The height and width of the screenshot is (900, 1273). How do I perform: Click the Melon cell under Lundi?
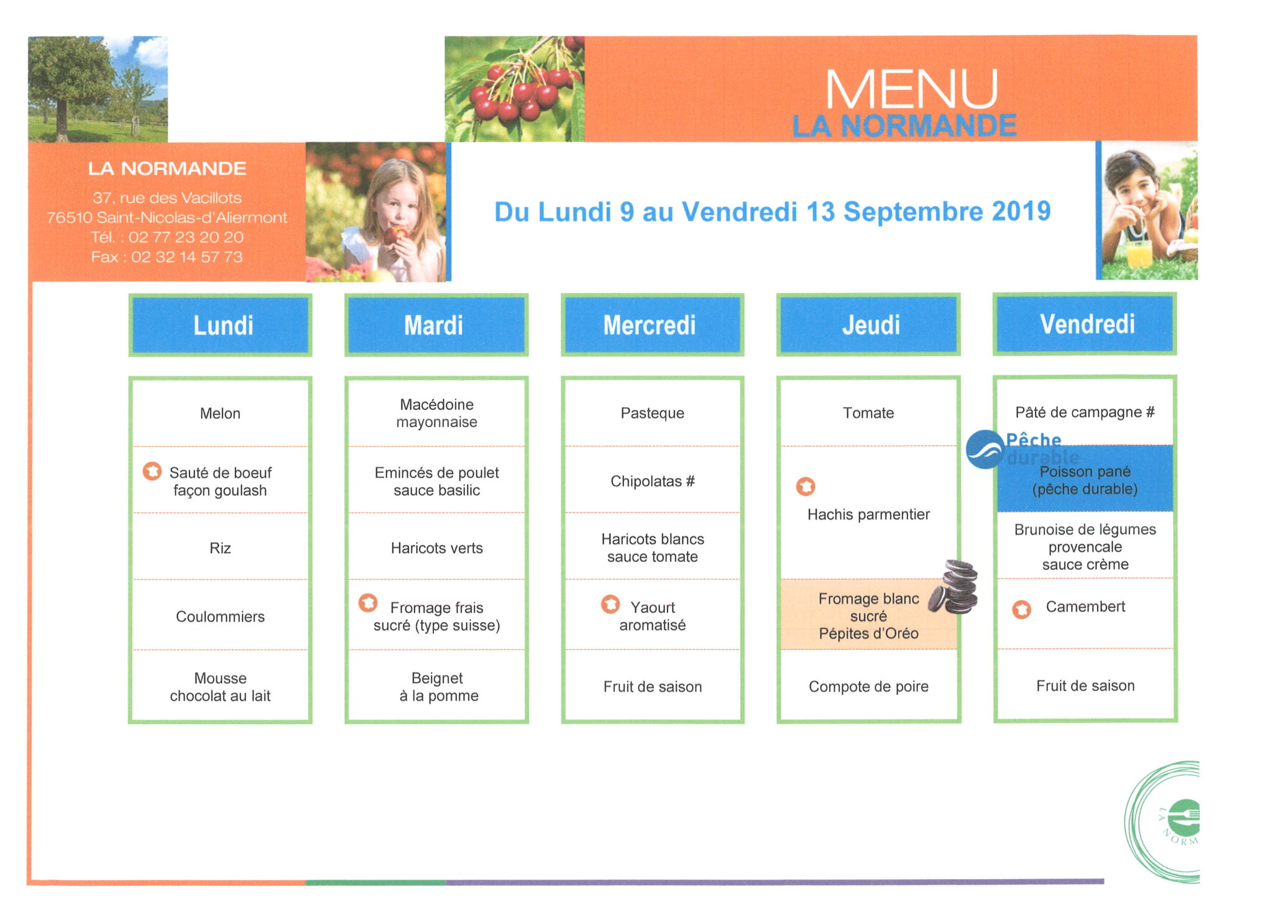pos(220,413)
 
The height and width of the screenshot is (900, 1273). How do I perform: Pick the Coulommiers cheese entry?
pos(220,617)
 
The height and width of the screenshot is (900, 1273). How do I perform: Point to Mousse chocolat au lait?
pos(220,687)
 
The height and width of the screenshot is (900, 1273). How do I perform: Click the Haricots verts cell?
pos(436,548)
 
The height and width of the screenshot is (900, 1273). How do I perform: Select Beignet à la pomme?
pos(438,687)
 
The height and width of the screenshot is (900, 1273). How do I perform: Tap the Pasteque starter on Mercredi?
pos(652,413)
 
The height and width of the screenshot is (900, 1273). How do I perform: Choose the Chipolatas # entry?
pos(652,481)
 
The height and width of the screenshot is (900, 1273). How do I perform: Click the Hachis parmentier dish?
pos(868,515)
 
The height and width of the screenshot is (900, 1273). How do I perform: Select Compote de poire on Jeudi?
pos(868,687)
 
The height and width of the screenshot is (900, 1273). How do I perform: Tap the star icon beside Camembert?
pos(1021,609)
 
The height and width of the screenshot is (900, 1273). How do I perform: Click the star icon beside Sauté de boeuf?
pos(152,471)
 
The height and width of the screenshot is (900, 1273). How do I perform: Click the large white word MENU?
pos(911,90)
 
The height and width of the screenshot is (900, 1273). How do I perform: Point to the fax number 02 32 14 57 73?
pos(186,257)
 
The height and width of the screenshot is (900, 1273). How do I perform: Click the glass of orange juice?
pos(1139,253)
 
